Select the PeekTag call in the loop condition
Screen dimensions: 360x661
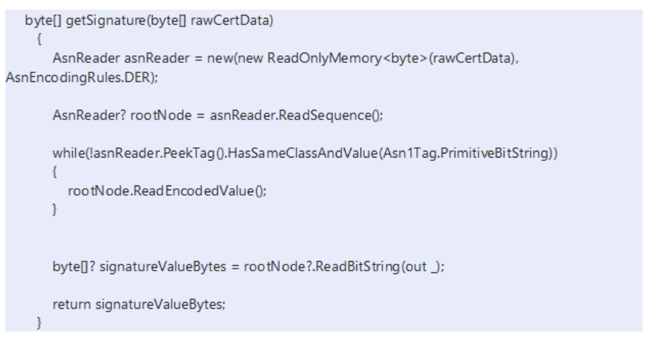tap(191, 153)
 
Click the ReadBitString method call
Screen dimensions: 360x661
tap(371, 267)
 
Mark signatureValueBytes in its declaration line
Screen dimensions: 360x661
tap(162, 267)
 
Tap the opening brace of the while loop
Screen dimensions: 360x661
tap(55, 172)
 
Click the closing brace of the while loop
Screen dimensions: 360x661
tap(55, 210)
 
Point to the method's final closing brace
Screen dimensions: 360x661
tap(40, 322)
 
